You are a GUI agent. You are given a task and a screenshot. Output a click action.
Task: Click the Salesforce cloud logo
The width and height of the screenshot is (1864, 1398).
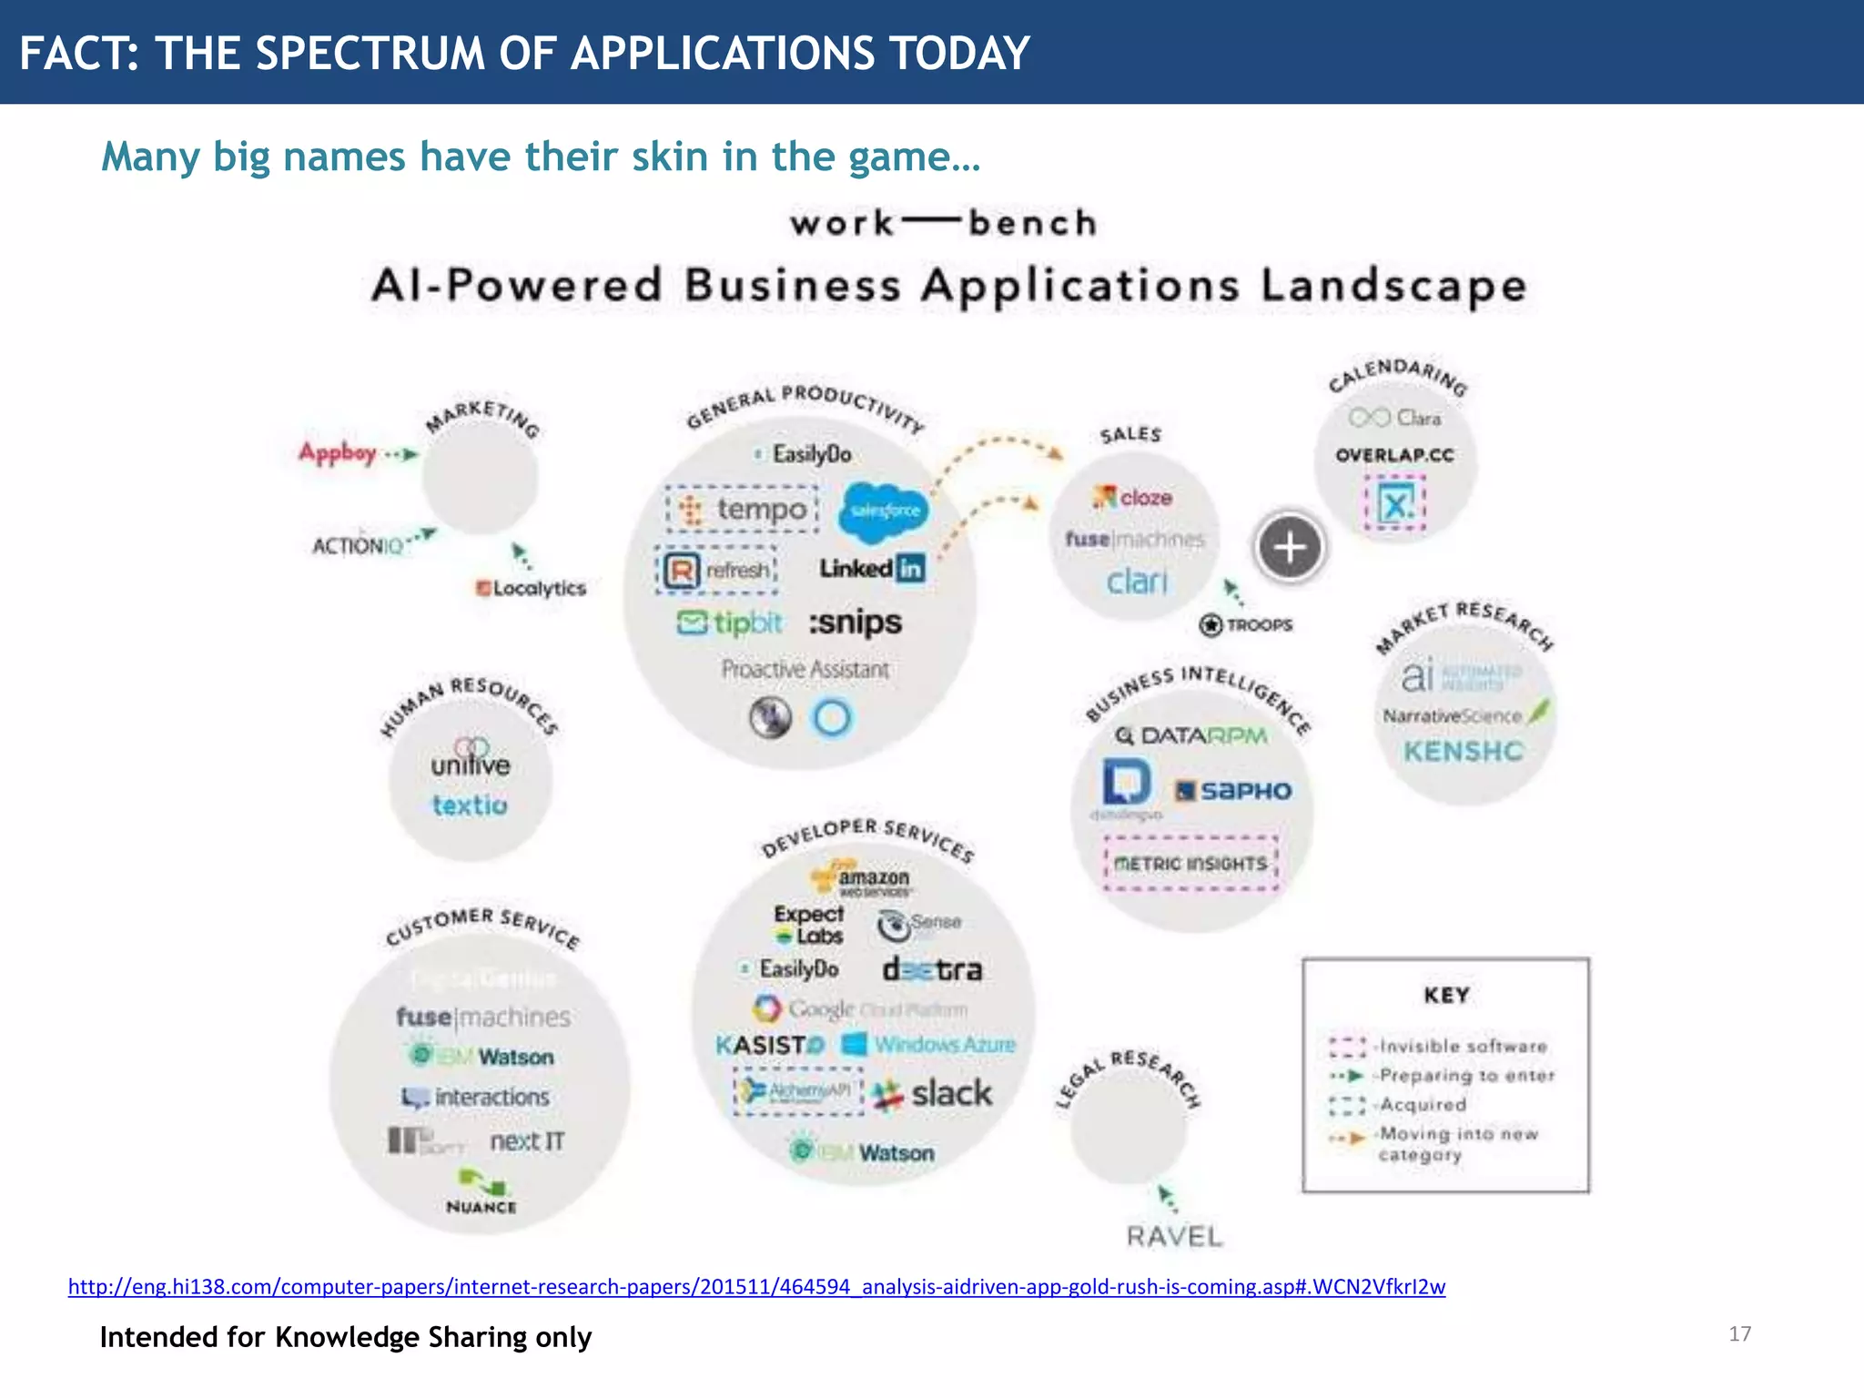[x=883, y=511]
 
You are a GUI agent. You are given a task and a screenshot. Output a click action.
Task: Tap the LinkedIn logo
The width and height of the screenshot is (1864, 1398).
[x=871, y=569]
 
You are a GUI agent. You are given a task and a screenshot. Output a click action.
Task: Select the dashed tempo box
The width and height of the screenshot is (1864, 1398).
[x=743, y=510]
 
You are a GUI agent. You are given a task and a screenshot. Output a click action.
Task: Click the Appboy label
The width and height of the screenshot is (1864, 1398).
[x=338, y=452]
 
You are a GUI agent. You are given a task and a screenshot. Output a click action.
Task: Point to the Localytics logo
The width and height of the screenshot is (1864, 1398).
[x=532, y=588]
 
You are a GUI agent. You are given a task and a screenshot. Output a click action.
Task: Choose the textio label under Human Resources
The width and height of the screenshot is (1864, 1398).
[x=470, y=805]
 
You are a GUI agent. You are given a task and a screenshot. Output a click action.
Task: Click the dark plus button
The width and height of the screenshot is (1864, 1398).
[x=1290, y=548]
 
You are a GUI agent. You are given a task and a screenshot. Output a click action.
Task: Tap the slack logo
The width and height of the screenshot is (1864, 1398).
[x=933, y=1093]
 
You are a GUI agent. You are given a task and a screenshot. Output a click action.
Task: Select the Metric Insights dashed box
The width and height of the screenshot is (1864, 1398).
[x=1190, y=863]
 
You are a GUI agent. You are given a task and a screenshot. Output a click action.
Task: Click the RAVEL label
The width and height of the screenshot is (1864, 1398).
[x=1174, y=1236]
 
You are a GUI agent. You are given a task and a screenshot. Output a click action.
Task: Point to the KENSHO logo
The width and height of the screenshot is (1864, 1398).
[x=1463, y=752]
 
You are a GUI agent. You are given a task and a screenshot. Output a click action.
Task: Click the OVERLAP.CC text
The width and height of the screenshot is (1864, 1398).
[x=1394, y=455]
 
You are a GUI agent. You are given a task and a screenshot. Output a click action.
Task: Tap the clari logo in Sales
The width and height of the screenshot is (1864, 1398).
[x=1137, y=582]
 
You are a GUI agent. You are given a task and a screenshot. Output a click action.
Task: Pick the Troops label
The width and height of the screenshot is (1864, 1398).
[x=1247, y=625]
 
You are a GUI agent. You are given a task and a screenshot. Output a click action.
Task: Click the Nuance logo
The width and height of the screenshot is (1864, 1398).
[x=481, y=1193]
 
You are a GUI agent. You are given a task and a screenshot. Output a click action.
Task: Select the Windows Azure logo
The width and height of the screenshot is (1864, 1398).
[x=928, y=1044]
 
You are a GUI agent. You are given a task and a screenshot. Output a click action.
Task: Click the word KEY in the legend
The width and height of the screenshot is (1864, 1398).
[x=1446, y=995]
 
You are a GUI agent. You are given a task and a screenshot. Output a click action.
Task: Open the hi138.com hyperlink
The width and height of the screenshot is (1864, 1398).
[x=756, y=1286]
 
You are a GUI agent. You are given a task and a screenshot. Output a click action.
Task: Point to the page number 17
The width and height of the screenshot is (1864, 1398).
[x=1739, y=1334]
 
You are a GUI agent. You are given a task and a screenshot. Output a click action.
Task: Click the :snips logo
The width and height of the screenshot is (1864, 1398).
[x=856, y=623]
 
